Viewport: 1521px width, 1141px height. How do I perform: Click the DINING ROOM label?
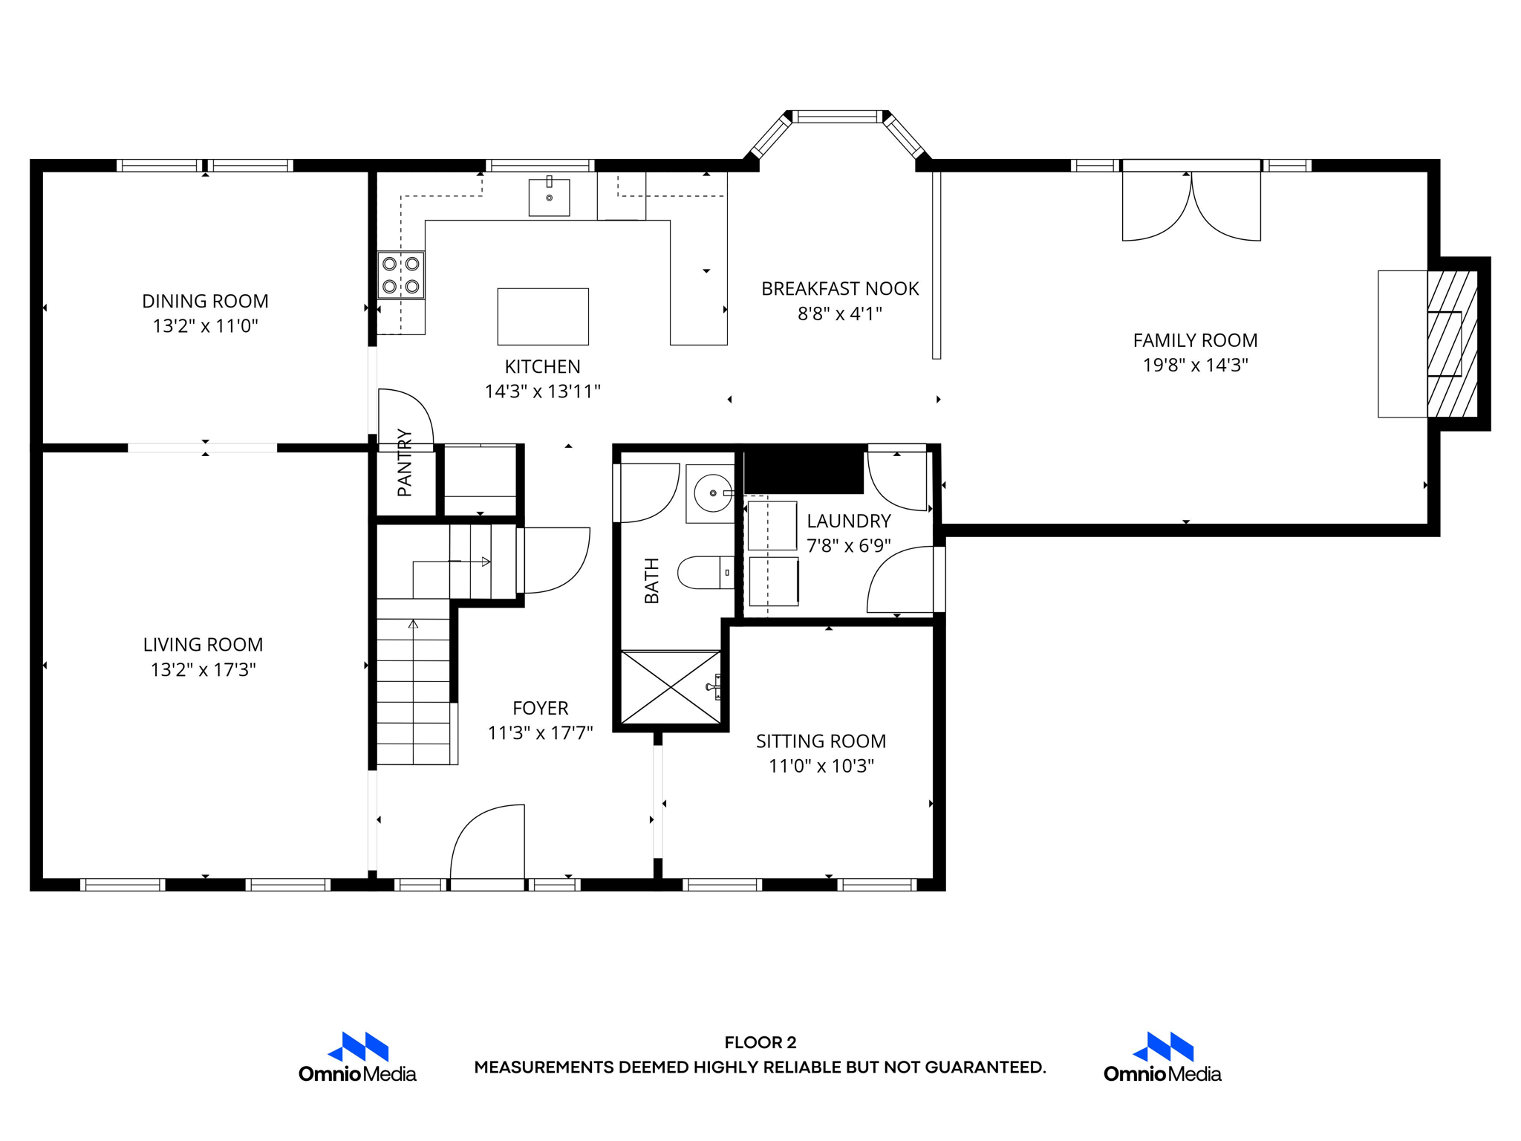coord(205,301)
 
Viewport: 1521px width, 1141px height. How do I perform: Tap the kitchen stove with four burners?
coord(401,275)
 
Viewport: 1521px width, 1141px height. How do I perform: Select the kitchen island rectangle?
coord(543,316)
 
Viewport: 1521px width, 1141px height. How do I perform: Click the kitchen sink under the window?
coord(549,198)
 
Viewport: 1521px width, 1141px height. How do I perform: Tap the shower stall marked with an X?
coord(671,687)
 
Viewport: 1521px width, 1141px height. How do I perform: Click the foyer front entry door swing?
coord(488,843)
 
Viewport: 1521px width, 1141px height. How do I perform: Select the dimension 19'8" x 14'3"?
coord(1195,365)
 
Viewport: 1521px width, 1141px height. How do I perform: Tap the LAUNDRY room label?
coord(848,521)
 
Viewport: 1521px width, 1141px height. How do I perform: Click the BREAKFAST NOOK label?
coord(839,288)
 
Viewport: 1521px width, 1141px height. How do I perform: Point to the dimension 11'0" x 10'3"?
coord(821,766)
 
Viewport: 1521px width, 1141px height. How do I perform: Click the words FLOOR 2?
coord(760,1042)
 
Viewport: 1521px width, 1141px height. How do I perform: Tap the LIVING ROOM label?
coord(203,644)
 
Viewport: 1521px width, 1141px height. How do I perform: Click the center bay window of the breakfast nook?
coord(837,117)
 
